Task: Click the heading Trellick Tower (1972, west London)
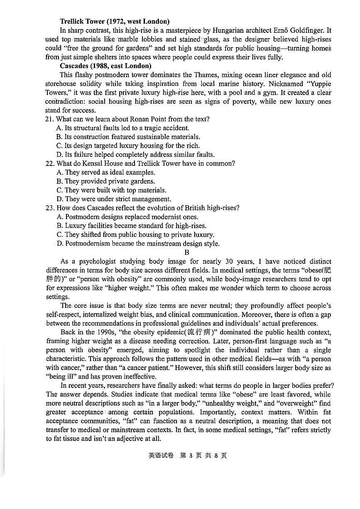coord(115,21)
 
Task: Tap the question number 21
coord(50,119)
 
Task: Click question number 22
coord(50,163)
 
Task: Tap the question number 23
coord(50,208)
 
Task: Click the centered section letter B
coord(187,252)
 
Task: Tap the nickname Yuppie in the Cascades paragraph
coord(318,83)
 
